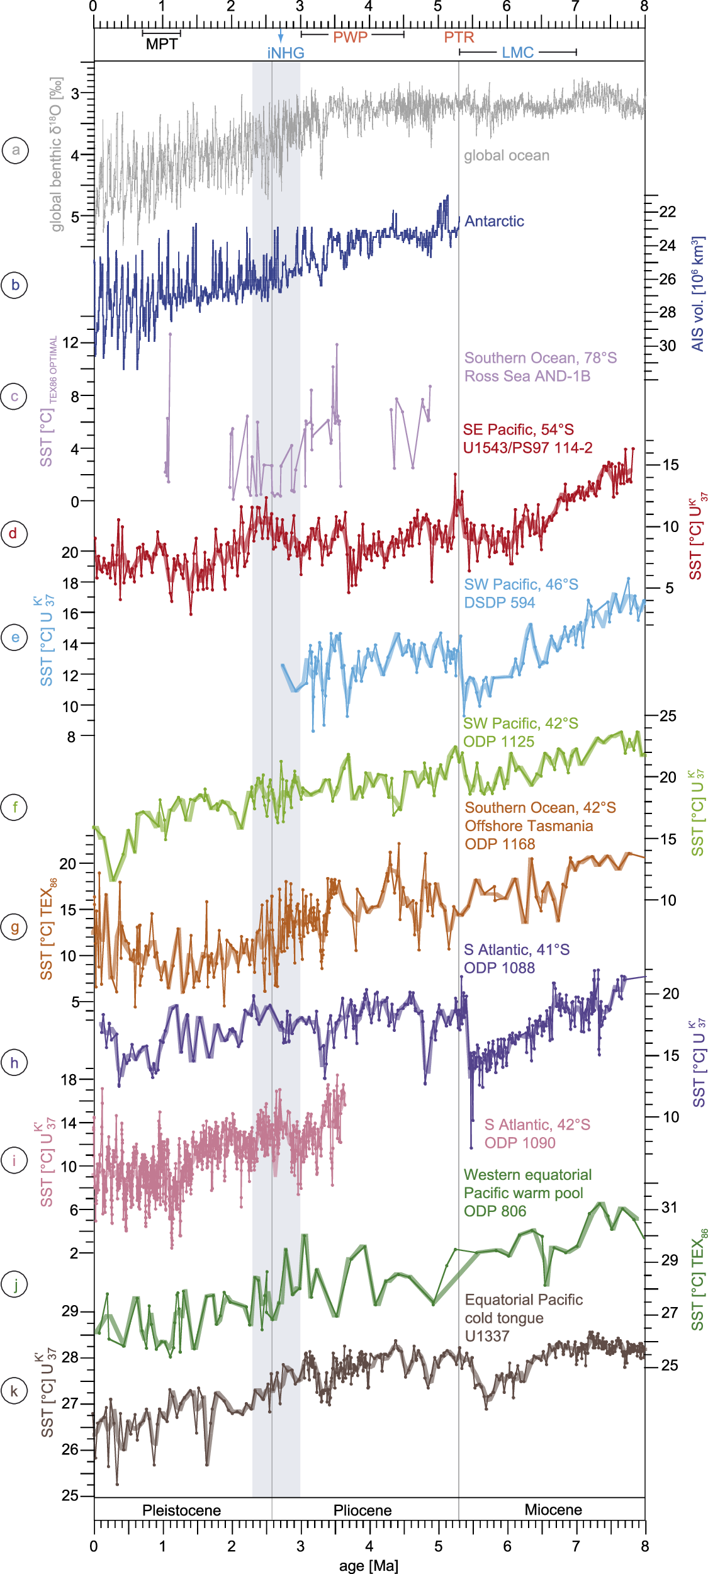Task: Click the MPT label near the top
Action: click(162, 45)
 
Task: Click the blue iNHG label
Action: click(286, 54)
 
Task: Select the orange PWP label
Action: click(350, 37)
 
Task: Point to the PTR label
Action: click(459, 37)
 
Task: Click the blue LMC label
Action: click(517, 53)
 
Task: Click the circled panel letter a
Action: click(15, 150)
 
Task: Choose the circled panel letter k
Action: click(14, 1391)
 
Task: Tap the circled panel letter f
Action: click(15, 807)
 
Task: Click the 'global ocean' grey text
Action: click(507, 156)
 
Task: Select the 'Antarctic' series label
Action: click(494, 222)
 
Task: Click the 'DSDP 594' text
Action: click(500, 603)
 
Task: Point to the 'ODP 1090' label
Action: click(520, 1143)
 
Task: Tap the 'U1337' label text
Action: click(486, 1336)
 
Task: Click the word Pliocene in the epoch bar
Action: click(362, 1510)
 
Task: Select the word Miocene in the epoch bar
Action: click(553, 1510)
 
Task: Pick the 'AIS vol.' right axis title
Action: click(698, 295)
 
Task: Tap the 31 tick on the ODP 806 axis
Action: click(669, 1208)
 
